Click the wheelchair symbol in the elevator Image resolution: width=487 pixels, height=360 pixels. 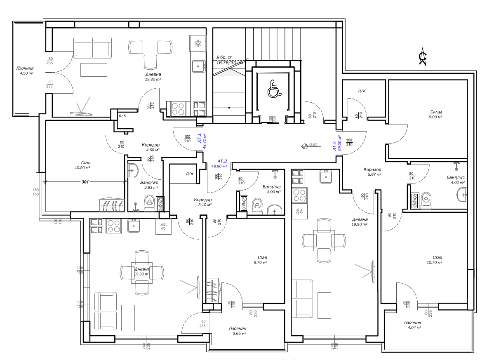click(274, 89)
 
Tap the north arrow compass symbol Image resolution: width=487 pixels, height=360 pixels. click(422, 56)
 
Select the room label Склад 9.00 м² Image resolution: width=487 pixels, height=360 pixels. click(436, 114)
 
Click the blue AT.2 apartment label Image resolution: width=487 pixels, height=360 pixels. click(222, 161)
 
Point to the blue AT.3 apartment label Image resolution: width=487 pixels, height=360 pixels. click(334, 146)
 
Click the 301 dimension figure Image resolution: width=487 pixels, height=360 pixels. click(85, 182)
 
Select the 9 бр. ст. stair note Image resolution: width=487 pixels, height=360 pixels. click(224, 57)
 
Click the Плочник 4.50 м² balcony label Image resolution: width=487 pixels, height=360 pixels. click(26, 71)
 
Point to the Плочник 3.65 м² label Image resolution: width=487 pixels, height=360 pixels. click(238, 331)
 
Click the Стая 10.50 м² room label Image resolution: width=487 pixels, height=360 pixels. click(82, 165)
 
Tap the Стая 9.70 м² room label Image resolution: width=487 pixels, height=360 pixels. click(261, 260)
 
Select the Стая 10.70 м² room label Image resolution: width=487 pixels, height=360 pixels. click(434, 260)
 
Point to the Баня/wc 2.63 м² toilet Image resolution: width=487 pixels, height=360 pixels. click(149, 203)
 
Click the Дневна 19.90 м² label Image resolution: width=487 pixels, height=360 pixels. click(360, 222)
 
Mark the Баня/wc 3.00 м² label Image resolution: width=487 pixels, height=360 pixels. click(271, 189)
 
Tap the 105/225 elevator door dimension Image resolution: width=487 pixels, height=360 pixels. click(273, 119)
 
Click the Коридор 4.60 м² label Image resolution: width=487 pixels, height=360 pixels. click(151, 147)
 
